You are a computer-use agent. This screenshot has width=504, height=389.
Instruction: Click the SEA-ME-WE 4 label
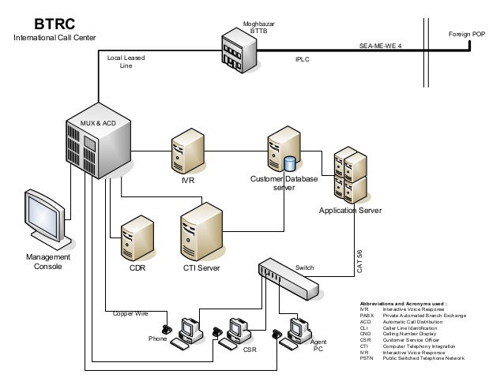[x=380, y=47]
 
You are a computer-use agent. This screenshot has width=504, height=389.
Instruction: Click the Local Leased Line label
[x=126, y=62]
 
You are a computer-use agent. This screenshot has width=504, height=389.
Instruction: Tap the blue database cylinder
[x=290, y=164]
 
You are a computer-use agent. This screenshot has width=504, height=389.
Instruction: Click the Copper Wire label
[x=130, y=313]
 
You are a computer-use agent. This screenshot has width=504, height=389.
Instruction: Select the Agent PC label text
[x=319, y=345]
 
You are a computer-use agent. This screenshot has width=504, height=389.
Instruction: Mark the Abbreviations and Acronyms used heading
[x=404, y=303]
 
